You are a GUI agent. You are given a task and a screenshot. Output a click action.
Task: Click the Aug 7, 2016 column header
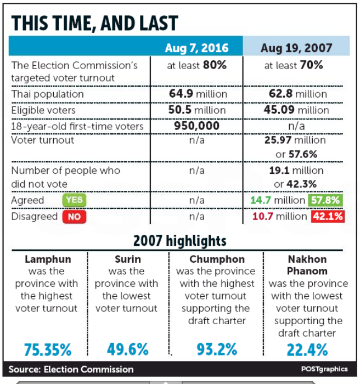pos(196,48)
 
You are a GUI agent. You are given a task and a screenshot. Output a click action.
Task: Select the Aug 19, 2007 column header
pos(296,48)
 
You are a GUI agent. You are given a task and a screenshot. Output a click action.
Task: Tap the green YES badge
pos(74,200)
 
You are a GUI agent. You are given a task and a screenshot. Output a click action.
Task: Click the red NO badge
pos(74,217)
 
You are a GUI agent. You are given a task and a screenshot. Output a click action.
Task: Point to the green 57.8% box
pos(325,200)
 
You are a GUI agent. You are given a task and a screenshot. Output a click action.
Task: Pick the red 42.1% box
pos(328,217)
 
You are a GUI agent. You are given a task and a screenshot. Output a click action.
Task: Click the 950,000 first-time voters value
pos(197,126)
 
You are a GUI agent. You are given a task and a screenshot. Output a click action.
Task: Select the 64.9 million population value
pos(198,94)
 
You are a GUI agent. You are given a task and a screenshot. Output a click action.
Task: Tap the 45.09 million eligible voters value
pos(296,110)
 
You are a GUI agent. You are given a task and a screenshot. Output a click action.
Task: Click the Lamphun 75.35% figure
pos(48,350)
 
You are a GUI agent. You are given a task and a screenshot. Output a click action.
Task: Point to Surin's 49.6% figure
pos(128,349)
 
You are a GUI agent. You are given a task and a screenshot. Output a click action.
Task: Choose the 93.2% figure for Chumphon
pos(217,349)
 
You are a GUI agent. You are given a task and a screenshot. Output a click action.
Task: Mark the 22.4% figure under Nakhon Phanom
pos(307,350)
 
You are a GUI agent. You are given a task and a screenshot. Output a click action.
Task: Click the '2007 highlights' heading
pos(180,241)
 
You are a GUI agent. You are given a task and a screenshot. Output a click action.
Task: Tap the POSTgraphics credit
pos(324,369)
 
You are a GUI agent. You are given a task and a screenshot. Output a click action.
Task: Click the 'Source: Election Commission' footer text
pos(71,369)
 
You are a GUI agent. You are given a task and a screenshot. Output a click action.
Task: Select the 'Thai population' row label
pos(48,94)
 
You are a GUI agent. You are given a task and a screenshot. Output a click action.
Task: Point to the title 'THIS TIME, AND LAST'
pos(94,23)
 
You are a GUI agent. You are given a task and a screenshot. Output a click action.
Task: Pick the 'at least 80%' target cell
pos(197,65)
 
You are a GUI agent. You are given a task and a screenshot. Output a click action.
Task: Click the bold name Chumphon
pos(217,259)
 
